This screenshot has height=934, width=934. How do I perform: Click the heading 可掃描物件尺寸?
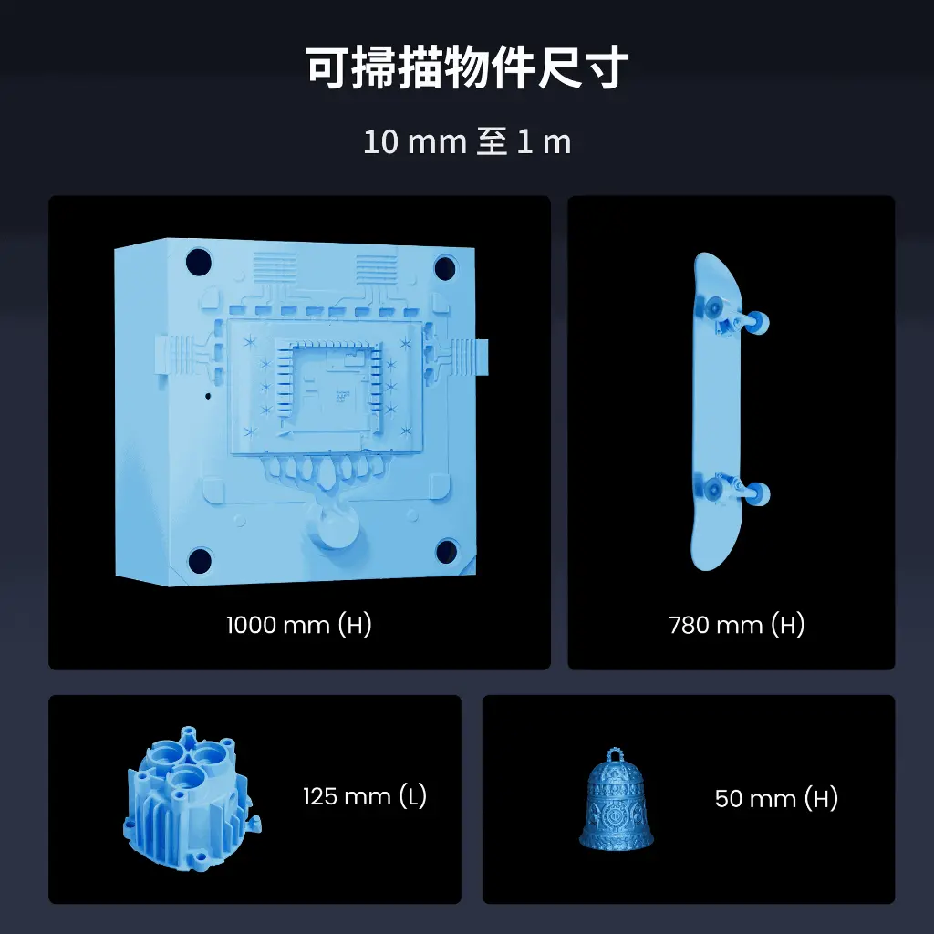coord(467,67)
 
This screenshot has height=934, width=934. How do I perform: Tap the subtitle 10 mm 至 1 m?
coord(467,142)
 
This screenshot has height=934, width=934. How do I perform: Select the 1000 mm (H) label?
coord(299,625)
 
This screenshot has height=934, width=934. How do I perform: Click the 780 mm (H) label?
coord(737,625)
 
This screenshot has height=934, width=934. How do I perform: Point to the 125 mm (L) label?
coord(365,796)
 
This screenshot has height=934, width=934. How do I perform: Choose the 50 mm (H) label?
coord(776,798)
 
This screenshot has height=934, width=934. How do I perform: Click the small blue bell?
coord(616,800)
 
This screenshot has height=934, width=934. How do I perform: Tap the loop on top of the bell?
coord(616,756)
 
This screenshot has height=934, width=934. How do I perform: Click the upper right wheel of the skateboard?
coord(758,322)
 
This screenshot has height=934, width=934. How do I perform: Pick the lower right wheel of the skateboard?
coord(758,493)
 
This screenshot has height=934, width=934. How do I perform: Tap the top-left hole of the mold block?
coord(198,262)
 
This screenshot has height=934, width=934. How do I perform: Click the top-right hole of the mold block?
coord(445,267)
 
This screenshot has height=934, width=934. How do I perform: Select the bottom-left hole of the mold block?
coord(200,561)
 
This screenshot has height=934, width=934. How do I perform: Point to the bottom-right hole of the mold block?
coord(447,551)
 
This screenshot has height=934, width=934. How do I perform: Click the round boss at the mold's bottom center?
coord(334,530)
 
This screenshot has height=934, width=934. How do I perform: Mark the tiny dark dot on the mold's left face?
coord(208,396)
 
